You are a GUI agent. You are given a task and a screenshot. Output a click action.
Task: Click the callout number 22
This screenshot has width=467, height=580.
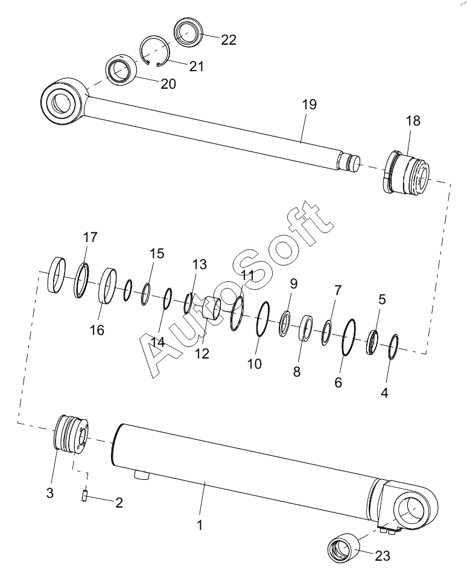(x=229, y=40)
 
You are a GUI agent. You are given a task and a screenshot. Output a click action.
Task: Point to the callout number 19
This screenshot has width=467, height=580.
(x=309, y=105)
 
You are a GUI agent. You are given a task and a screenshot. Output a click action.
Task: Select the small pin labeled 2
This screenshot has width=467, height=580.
(x=85, y=496)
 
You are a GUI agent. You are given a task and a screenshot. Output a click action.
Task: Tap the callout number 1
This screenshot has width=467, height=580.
(x=199, y=524)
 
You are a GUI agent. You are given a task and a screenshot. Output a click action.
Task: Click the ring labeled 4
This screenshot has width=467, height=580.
(x=392, y=346)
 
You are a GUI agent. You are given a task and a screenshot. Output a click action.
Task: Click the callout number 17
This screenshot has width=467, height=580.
(x=90, y=237)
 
